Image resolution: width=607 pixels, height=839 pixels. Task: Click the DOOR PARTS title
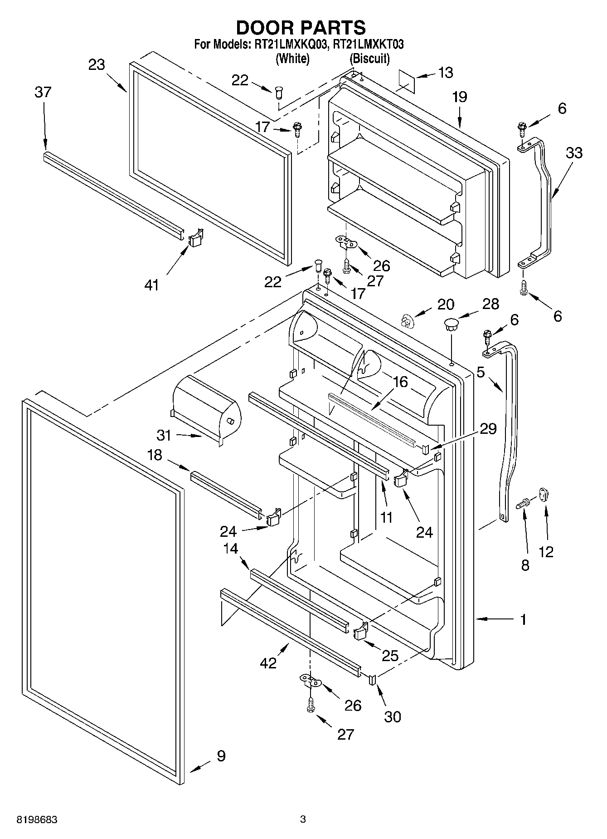[x=301, y=28]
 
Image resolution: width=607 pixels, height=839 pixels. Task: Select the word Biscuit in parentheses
[x=369, y=59]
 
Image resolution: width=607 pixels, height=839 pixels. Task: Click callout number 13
[x=446, y=73]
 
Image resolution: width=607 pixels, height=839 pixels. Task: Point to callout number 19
[x=459, y=97]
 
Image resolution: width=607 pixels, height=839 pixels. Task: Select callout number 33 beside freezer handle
[x=573, y=153]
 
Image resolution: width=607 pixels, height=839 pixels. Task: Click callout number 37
[x=43, y=93]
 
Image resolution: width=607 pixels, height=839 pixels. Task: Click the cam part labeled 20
[x=408, y=322]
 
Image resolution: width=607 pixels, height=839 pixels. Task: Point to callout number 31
[x=164, y=435]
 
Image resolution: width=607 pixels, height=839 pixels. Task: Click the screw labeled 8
[x=525, y=503]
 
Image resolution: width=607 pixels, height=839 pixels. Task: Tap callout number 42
[x=268, y=663]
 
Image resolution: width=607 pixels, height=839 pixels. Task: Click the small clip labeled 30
[x=373, y=679]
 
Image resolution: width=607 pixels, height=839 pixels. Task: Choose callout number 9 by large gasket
[x=221, y=756]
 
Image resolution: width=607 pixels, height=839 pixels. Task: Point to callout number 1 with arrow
[x=523, y=619]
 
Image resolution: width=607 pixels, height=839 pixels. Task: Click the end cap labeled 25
[x=360, y=631]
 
